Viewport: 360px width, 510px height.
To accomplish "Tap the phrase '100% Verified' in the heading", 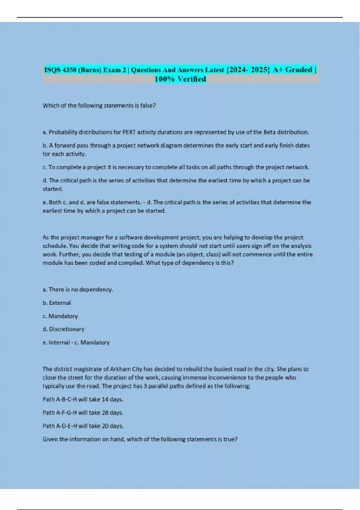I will click(180, 79).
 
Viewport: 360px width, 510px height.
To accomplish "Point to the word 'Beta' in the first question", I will click(269, 132).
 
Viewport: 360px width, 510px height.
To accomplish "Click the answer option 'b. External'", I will click(57, 303).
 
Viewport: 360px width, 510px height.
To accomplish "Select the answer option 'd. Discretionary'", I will click(63, 329).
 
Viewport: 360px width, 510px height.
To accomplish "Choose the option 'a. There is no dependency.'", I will click(78, 289).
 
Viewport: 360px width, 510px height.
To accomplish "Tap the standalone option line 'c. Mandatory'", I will click(60, 316).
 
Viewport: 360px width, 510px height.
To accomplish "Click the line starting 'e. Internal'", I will click(76, 342).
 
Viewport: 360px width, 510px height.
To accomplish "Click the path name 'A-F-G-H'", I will click(66, 412).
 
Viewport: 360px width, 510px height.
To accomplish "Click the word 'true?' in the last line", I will click(230, 439).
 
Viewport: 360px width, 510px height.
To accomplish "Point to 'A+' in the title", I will click(278, 70).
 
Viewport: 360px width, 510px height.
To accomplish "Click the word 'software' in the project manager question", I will click(130, 237).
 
